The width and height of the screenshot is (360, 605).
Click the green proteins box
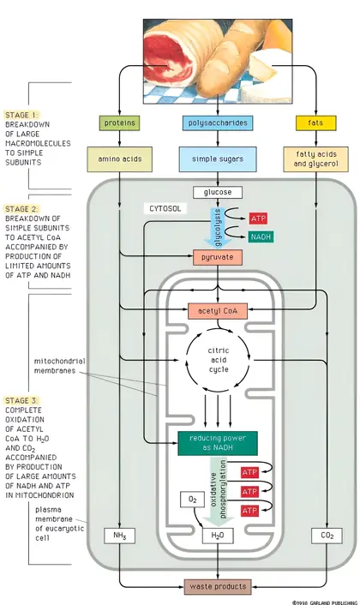coord(120,123)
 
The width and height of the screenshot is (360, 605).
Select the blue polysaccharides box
coord(218,123)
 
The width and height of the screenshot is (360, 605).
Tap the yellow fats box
coord(315,123)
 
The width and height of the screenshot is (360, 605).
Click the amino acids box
coord(120,159)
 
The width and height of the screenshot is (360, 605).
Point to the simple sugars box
coord(218,159)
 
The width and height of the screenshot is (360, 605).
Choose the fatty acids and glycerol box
coord(315,159)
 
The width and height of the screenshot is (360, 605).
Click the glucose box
coord(218,192)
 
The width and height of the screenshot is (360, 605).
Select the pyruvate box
coord(218,257)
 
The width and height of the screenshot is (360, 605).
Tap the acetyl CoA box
coord(218,311)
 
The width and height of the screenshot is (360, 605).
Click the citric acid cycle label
coord(219,360)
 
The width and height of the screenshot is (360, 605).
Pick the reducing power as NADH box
coord(218,443)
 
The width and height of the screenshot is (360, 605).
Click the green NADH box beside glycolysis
coord(261,237)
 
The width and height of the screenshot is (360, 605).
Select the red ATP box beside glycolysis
coord(258,219)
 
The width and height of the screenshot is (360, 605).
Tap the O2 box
coord(193,500)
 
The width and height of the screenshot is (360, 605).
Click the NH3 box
coord(120,536)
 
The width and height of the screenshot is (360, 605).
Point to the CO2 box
coord(327,536)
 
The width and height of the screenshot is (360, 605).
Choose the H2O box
coord(218,536)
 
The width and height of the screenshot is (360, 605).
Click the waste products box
coord(218,587)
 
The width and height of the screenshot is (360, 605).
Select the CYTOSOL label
coord(165,209)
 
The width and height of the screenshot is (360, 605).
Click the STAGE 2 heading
coord(21,209)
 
